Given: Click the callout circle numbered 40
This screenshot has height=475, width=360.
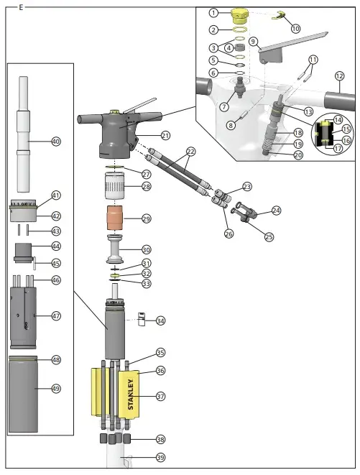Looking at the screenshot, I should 56,142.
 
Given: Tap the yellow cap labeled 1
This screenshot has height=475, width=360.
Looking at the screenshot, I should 239,14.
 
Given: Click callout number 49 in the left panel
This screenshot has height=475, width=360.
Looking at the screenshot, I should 56,389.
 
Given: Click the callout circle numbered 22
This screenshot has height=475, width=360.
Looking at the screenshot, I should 190,152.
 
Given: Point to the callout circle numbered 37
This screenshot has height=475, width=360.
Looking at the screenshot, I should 161,396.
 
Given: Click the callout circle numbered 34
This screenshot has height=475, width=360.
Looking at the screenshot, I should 161,320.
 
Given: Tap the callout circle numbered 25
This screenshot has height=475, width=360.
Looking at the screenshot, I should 269,236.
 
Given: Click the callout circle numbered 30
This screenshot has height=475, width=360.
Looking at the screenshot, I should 147,249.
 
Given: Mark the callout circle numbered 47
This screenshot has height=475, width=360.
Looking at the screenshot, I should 56,315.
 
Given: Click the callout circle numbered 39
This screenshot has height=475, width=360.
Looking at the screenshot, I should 161,457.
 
